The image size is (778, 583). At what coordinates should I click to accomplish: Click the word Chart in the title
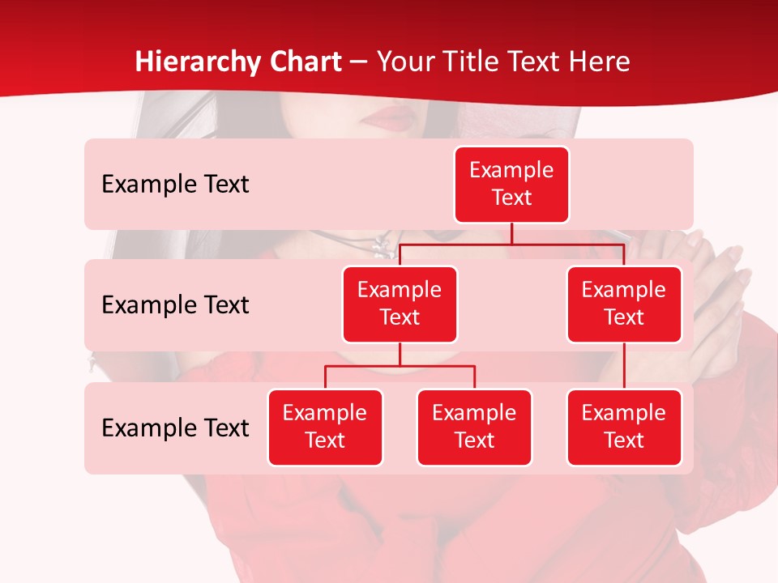click(305, 62)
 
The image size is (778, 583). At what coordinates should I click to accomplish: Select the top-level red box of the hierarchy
click(511, 185)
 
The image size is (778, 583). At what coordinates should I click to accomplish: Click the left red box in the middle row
click(400, 304)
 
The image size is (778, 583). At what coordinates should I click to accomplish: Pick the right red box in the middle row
click(624, 304)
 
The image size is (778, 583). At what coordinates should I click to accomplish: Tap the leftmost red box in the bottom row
click(325, 427)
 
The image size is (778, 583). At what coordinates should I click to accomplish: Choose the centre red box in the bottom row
click(474, 427)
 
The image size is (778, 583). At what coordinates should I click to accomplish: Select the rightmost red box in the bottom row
click(624, 427)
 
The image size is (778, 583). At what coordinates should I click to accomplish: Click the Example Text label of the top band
click(175, 185)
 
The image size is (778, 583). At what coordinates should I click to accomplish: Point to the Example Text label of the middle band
click(175, 305)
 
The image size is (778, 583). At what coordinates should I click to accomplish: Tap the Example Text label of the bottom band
click(175, 428)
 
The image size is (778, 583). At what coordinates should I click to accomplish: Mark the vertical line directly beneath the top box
click(511, 233)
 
